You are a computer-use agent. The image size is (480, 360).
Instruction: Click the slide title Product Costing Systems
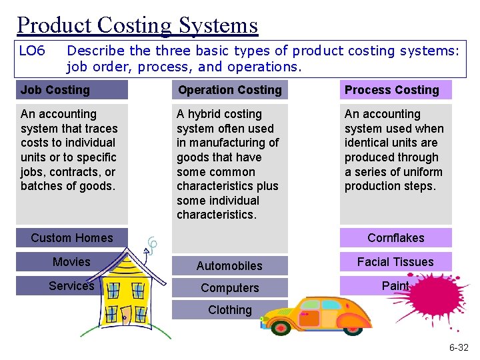[137, 25]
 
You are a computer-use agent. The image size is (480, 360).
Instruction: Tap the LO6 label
[32, 51]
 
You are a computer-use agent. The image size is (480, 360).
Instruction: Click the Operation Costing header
[230, 90]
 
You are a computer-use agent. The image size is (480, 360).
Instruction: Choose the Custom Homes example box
[72, 238]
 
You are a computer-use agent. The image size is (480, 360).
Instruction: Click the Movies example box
[71, 262]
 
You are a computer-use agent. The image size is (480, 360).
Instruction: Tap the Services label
[71, 286]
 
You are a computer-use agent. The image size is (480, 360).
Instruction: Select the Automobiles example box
[229, 266]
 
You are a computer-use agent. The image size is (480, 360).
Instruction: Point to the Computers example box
[229, 288]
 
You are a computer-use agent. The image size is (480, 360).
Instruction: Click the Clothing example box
[229, 310]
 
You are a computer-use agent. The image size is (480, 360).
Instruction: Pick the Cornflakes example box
[395, 238]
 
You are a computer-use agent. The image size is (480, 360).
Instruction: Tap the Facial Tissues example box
[395, 262]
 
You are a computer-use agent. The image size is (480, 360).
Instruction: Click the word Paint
[395, 286]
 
